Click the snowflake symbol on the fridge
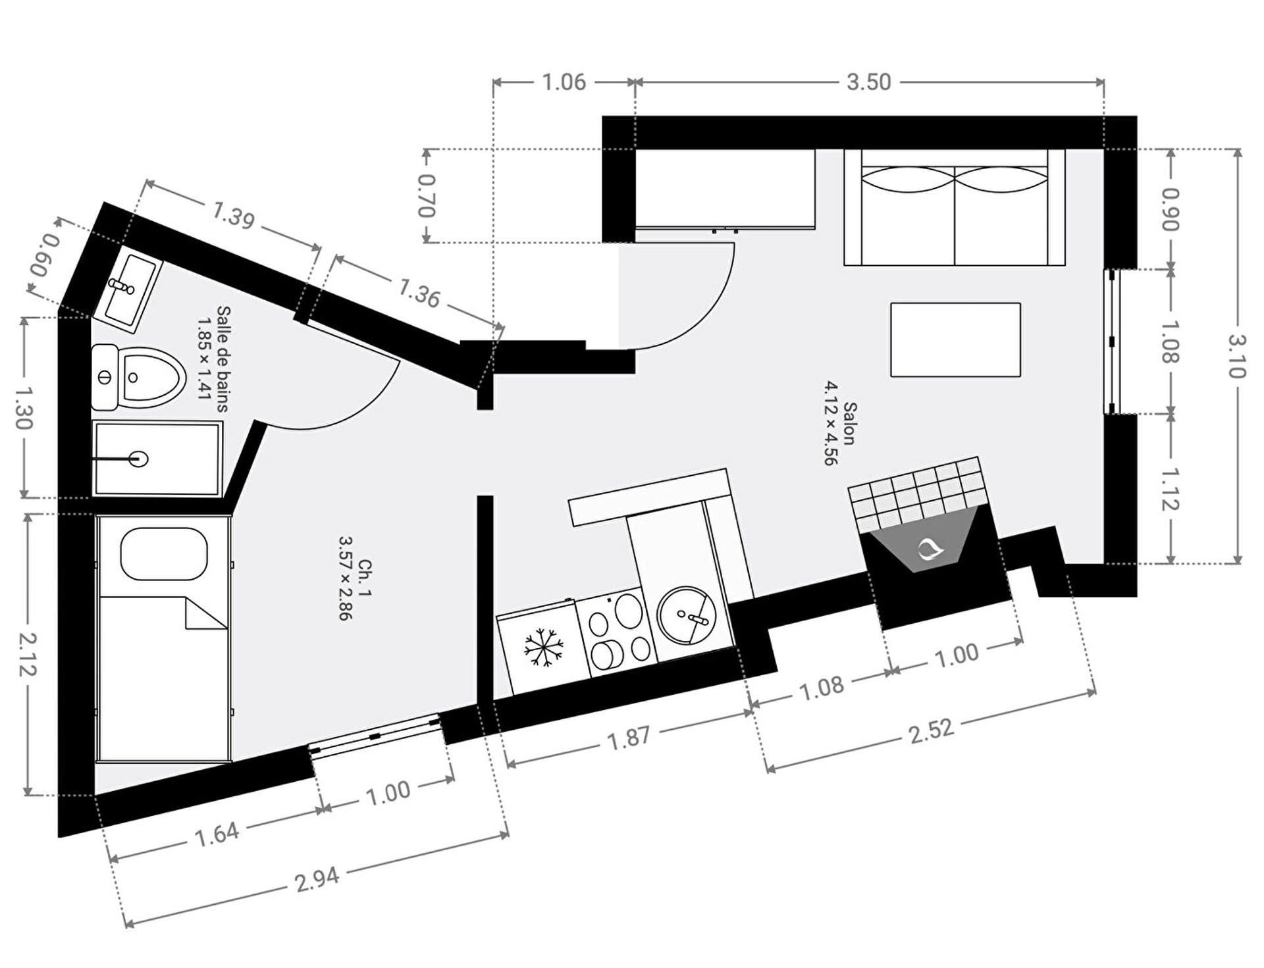click(x=544, y=647)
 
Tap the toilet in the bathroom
click(x=138, y=378)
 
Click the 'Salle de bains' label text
click(x=223, y=359)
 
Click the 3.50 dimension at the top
click(x=868, y=82)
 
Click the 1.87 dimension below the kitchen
click(x=629, y=737)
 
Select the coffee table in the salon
click(x=955, y=340)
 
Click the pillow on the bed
click(x=164, y=553)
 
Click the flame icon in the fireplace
click(x=930, y=548)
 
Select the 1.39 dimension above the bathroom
click(x=233, y=215)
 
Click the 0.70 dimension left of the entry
click(x=427, y=195)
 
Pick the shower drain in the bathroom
click(x=139, y=459)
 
